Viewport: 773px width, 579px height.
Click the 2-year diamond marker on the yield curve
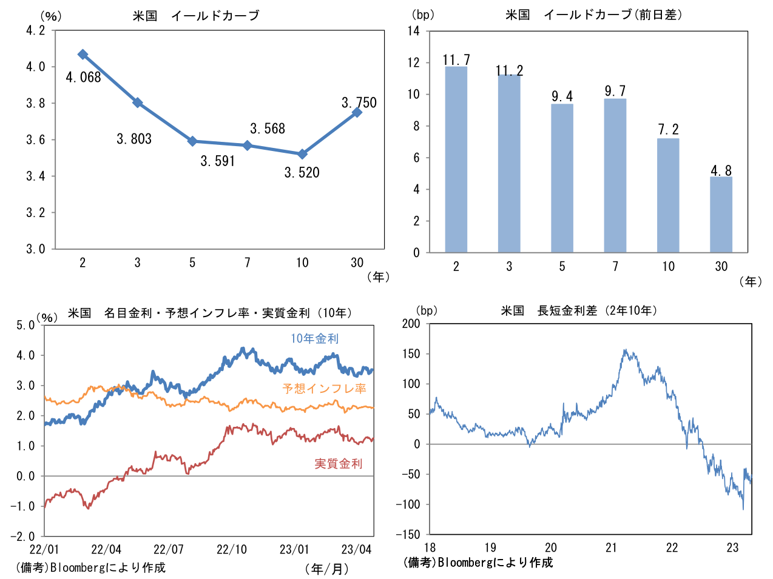click(83, 55)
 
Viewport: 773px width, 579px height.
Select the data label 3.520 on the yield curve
click(302, 173)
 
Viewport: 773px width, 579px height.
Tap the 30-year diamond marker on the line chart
click(357, 112)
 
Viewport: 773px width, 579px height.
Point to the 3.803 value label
click(134, 139)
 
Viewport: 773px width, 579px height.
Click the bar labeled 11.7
click(456, 159)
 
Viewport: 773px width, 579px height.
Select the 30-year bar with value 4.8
click(721, 215)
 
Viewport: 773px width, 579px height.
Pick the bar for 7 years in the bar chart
click(615, 176)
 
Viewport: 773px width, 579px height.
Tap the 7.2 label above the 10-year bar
click(668, 130)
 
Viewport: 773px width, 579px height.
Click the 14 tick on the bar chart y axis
click(413, 31)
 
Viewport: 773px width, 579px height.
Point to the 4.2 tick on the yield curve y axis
click(35, 31)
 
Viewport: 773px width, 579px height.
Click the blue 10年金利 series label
click(314, 339)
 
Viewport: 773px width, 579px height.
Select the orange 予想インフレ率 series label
click(324, 389)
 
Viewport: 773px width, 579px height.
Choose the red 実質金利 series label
click(338, 464)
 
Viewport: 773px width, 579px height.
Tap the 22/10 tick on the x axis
click(232, 550)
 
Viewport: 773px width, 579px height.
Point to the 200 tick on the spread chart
click(411, 324)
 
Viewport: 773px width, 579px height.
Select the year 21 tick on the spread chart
click(611, 548)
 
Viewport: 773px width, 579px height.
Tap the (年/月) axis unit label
click(326, 569)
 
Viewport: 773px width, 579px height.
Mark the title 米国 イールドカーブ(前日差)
click(593, 15)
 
